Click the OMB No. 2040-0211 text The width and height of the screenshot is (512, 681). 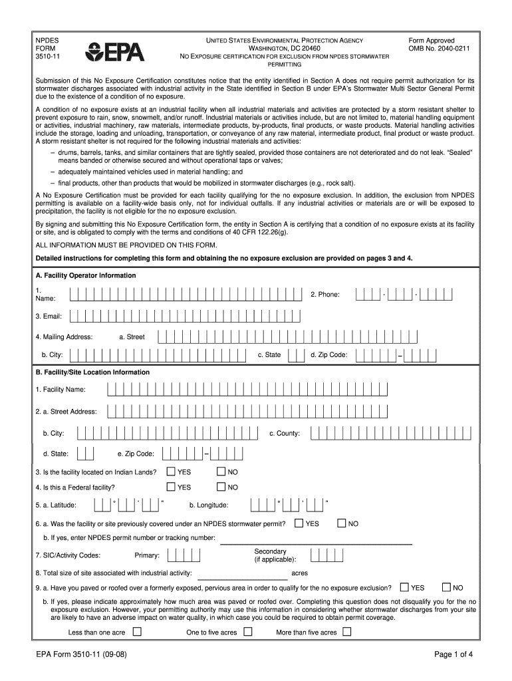439,49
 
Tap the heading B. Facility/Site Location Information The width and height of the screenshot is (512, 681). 92,372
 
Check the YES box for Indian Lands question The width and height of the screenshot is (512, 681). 170,472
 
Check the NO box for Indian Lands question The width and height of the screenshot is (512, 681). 222,472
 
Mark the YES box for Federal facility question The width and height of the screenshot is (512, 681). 170,487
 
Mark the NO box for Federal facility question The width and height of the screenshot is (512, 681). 222,487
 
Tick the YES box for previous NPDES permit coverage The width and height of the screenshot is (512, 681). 299,523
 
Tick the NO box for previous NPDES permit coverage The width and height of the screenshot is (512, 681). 342,523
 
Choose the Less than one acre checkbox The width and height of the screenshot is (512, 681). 137,632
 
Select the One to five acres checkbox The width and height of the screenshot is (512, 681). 247,632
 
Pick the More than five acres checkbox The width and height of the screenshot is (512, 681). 346,632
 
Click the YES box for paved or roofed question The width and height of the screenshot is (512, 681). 404,587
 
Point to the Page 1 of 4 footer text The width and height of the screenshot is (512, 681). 453,654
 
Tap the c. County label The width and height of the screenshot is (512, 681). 284,434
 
